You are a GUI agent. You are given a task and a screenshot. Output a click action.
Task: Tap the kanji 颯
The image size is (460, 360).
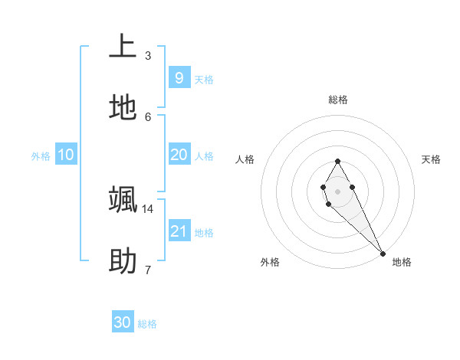(x=123, y=199)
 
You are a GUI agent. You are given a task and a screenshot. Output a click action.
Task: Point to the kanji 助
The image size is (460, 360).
(x=123, y=261)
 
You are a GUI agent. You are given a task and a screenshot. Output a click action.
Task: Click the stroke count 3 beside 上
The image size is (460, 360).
(x=148, y=55)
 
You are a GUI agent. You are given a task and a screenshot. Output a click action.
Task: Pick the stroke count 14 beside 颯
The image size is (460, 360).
(x=148, y=208)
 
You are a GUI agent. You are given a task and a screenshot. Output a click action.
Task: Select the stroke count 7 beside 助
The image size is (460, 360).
(x=148, y=270)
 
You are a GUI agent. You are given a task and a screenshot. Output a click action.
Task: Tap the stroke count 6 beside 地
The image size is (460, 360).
(x=148, y=116)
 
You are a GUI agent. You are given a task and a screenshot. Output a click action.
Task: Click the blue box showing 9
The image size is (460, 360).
(x=179, y=77)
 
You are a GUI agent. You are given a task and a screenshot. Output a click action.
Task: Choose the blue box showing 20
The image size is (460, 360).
(x=179, y=155)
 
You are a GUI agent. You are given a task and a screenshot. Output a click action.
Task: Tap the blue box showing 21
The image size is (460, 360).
(x=179, y=231)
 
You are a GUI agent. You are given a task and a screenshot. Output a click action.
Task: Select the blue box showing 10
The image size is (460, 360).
(x=66, y=155)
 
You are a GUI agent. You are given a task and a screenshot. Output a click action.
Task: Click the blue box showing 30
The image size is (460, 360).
(x=123, y=322)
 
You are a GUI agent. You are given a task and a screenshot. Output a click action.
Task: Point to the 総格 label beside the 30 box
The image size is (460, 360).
(x=147, y=324)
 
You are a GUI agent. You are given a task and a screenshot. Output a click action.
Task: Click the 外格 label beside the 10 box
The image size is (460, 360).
(x=41, y=156)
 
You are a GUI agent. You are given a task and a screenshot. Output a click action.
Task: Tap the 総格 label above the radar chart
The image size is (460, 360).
(x=338, y=100)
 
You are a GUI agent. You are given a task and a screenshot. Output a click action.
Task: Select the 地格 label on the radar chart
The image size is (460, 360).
(x=402, y=262)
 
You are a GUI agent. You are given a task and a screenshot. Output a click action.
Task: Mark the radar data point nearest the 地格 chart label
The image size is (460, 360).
(x=383, y=254)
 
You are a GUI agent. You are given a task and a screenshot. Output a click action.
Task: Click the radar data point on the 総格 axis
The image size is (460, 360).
(x=337, y=161)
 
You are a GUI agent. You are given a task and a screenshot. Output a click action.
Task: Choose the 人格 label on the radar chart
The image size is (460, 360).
(x=245, y=159)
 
